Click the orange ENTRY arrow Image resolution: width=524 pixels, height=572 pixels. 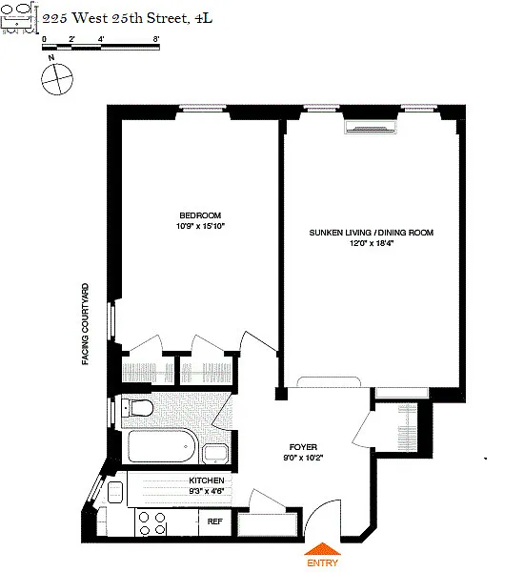click(x=322, y=549)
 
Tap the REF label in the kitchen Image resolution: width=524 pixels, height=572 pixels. click(x=214, y=521)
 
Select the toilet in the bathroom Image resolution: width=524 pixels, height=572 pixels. click(x=137, y=408)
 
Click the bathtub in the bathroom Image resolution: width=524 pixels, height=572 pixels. click(x=162, y=447)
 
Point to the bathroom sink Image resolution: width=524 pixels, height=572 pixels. click(x=215, y=454)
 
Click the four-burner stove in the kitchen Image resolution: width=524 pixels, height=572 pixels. click(x=152, y=523)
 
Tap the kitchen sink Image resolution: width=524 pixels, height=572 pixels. click(x=115, y=493)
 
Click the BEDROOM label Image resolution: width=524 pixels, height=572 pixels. click(x=200, y=215)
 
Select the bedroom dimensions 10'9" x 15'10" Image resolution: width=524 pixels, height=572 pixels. click(x=200, y=226)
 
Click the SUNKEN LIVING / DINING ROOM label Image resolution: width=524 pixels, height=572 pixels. click(x=372, y=233)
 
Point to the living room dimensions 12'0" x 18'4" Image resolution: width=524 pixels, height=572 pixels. click(x=372, y=243)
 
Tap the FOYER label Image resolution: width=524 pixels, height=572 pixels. click(x=303, y=447)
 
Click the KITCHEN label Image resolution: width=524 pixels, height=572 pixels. click(x=207, y=480)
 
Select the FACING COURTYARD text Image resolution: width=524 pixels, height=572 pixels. click(x=85, y=324)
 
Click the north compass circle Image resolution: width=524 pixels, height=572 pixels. click(x=57, y=79)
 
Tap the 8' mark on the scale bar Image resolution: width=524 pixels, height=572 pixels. click(x=155, y=39)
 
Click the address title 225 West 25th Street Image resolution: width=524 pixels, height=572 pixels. click(x=128, y=18)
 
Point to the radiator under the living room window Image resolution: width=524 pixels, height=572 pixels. click(x=371, y=128)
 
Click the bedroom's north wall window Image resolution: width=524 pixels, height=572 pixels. click(x=202, y=107)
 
